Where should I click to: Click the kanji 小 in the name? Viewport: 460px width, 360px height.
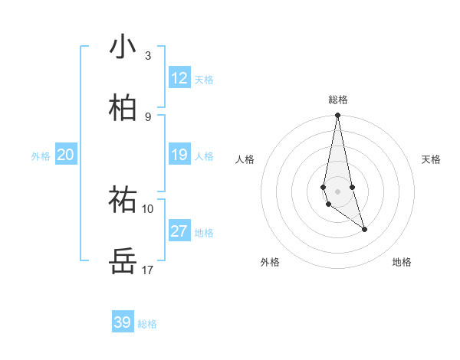[123, 47]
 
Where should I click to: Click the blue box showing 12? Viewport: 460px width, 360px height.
[179, 78]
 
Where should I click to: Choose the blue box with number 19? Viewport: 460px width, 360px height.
[179, 155]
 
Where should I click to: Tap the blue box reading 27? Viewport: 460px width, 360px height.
[179, 231]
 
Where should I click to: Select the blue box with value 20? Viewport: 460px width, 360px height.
[65, 155]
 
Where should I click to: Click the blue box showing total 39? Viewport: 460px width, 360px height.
[123, 322]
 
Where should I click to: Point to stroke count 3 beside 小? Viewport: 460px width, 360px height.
[148, 55]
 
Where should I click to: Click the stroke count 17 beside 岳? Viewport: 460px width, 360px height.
[148, 270]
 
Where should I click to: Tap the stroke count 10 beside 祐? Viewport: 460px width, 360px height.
[148, 208]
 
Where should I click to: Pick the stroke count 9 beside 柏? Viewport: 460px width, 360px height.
[148, 116]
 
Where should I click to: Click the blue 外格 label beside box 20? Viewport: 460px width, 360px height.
[41, 156]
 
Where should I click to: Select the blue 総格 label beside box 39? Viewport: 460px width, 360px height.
[147, 324]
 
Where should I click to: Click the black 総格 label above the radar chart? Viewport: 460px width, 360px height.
[338, 100]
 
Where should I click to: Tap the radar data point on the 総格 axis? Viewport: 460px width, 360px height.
[337, 116]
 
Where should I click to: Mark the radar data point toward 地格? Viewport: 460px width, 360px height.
[364, 229]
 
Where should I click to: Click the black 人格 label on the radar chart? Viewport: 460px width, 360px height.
[245, 159]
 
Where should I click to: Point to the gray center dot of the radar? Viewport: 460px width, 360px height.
[337, 191]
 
